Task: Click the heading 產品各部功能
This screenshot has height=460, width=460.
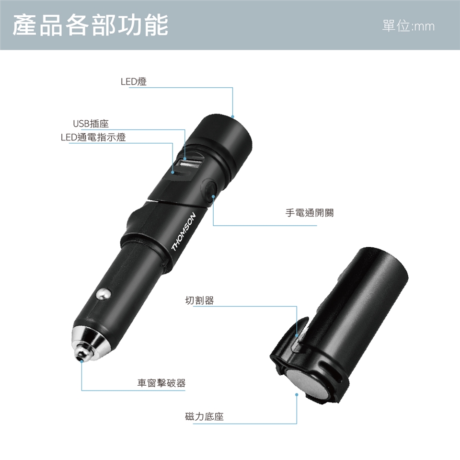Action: click(91, 25)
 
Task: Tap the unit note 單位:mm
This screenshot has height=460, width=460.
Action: click(408, 26)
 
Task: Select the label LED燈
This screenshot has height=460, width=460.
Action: click(134, 81)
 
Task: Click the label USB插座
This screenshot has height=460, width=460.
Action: click(91, 124)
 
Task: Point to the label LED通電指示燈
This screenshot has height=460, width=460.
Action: click(93, 137)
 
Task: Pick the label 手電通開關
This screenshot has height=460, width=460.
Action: click(310, 212)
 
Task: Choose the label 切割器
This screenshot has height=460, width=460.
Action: click(199, 300)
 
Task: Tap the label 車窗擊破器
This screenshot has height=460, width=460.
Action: click(161, 383)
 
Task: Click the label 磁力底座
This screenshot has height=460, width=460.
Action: click(205, 416)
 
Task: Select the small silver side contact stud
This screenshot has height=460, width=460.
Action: click(103, 295)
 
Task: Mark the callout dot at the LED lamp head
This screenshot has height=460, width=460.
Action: click(233, 117)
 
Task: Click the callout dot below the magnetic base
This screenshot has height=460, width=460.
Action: click(297, 394)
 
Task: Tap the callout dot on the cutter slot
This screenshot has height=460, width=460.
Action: click(297, 335)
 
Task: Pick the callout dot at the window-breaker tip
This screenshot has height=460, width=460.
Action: click(81, 361)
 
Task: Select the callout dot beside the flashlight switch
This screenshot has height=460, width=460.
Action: click(213, 196)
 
